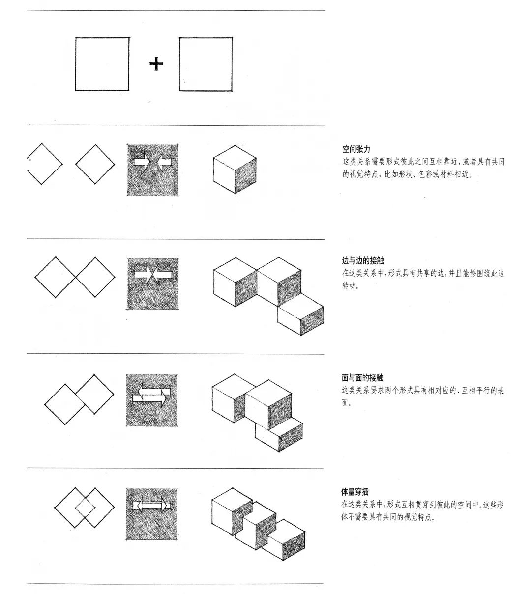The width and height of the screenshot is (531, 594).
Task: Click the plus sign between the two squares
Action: [x=156, y=64]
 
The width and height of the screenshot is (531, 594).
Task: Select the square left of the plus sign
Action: [x=102, y=64]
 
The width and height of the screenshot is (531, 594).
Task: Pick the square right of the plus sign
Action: [x=206, y=64]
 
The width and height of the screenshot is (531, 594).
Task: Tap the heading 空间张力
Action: [x=356, y=149]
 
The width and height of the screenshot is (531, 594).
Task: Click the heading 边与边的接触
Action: [x=362, y=261]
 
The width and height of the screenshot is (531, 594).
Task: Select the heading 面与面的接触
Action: [x=362, y=378]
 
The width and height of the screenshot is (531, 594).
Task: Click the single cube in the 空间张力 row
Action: [x=235, y=169]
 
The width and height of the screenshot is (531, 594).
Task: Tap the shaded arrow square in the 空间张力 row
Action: [x=152, y=170]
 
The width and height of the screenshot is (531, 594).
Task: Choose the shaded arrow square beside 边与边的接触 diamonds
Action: [x=152, y=283]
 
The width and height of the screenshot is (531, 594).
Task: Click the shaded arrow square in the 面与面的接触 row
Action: [x=151, y=400]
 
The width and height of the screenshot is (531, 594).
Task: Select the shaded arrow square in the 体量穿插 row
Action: [x=151, y=514]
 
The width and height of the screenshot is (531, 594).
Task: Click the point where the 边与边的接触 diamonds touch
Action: [x=75, y=277]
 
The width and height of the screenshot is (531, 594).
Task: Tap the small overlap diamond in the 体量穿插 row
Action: [x=85, y=507]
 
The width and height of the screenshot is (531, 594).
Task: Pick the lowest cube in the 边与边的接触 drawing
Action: [x=300, y=317]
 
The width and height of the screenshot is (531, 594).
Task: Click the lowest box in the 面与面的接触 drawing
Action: [x=278, y=434]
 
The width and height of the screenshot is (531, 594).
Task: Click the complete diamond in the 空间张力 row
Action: [x=95, y=164]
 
